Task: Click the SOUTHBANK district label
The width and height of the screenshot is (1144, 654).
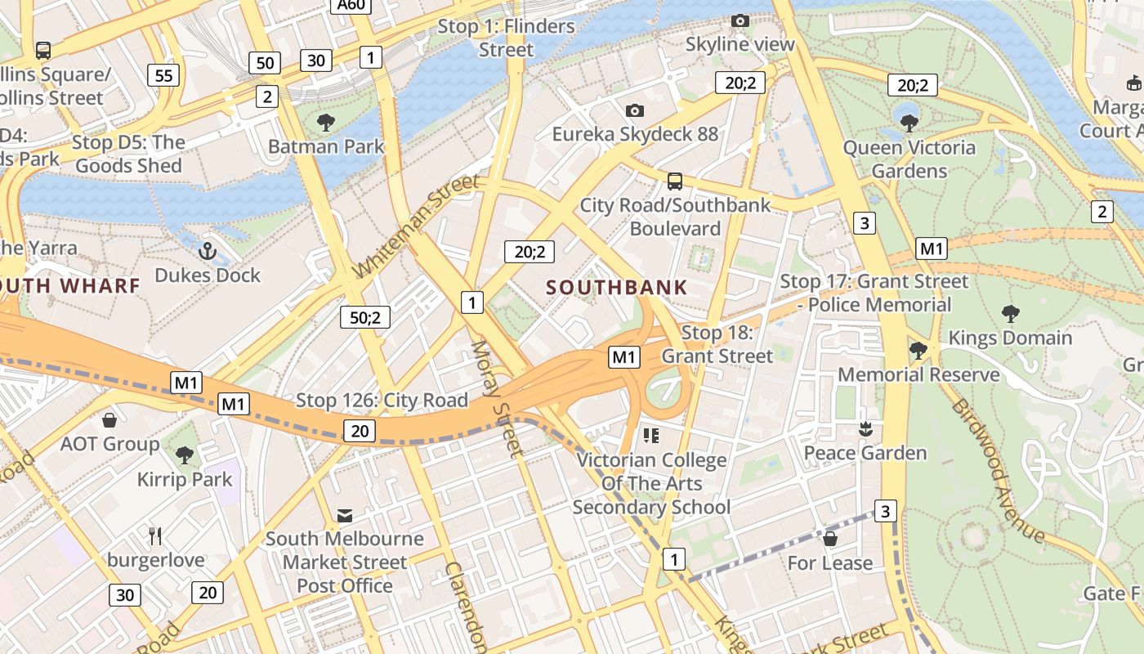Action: (x=616, y=288)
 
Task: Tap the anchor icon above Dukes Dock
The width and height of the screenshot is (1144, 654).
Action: (x=207, y=250)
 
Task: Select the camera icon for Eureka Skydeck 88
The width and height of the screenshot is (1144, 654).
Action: (x=634, y=110)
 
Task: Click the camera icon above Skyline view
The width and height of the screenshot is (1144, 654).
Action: (x=740, y=20)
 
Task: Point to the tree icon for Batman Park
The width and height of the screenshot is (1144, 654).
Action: (x=325, y=123)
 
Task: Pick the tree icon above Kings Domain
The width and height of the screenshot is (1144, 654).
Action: (x=1010, y=313)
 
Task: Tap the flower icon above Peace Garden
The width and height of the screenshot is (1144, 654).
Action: (x=865, y=428)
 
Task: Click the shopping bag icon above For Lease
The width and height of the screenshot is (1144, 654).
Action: (x=829, y=539)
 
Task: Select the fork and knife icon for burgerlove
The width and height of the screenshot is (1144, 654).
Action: (x=155, y=536)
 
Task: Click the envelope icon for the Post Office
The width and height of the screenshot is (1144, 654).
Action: (x=344, y=515)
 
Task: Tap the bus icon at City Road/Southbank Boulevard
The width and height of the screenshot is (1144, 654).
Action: (x=674, y=181)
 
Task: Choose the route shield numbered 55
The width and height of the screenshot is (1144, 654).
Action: (x=163, y=76)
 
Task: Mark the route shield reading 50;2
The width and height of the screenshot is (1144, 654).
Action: (x=364, y=317)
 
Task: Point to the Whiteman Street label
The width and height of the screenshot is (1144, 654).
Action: (x=417, y=226)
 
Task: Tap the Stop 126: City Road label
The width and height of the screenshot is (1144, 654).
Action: (x=382, y=401)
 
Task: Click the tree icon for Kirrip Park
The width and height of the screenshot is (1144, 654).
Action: (x=184, y=455)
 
